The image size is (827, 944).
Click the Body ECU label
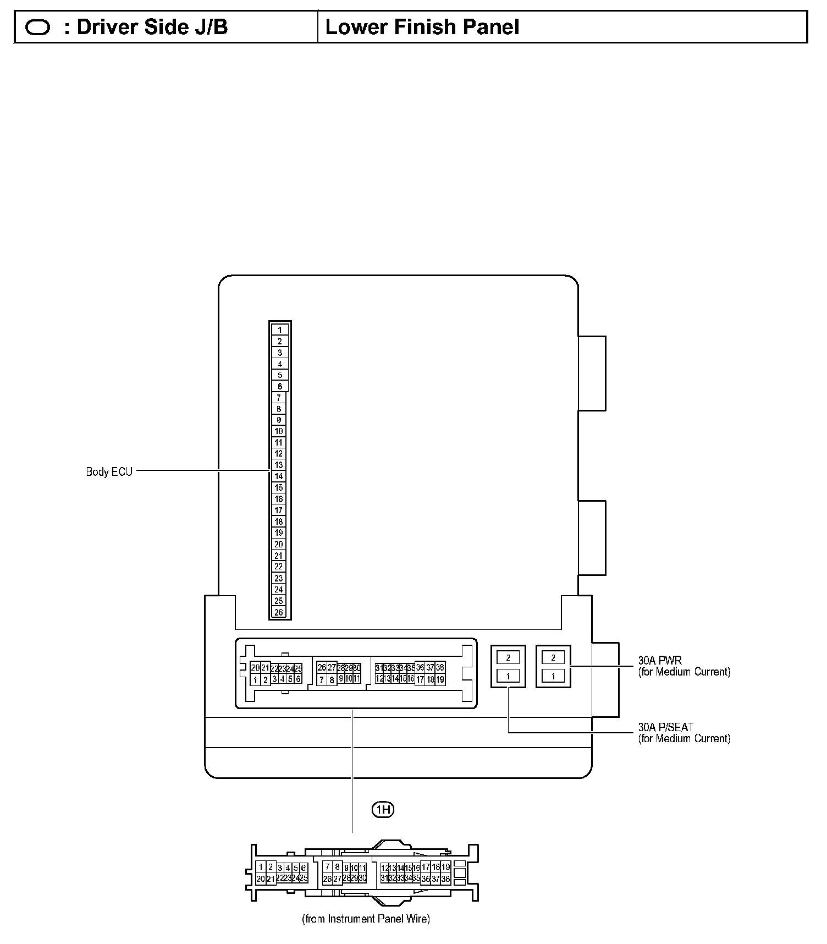tap(109, 472)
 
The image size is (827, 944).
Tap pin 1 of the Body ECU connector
tap(279, 330)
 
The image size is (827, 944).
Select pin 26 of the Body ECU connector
tap(279, 612)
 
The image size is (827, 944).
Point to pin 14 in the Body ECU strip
tap(279, 476)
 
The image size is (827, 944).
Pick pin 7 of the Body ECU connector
tap(279, 398)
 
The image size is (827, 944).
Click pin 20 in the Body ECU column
tap(279, 544)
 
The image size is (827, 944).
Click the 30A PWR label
tap(660, 660)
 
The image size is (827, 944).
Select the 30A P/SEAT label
tap(665, 727)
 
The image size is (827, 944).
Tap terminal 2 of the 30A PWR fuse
tap(553, 657)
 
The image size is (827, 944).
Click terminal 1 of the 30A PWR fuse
tap(553, 676)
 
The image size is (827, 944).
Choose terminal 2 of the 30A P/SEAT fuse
tap(508, 657)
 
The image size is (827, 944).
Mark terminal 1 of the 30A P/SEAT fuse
tap(508, 676)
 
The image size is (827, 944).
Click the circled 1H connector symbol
tap(383, 809)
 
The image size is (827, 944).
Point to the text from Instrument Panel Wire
tap(366, 919)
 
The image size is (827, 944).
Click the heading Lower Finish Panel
tap(422, 27)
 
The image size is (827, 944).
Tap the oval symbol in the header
tap(38, 28)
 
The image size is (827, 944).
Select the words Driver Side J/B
tap(152, 27)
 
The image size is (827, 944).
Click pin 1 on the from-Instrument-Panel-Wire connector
tap(261, 868)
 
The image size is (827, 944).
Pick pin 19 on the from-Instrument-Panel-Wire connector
tap(445, 867)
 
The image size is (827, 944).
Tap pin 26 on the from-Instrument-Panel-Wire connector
tap(327, 879)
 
